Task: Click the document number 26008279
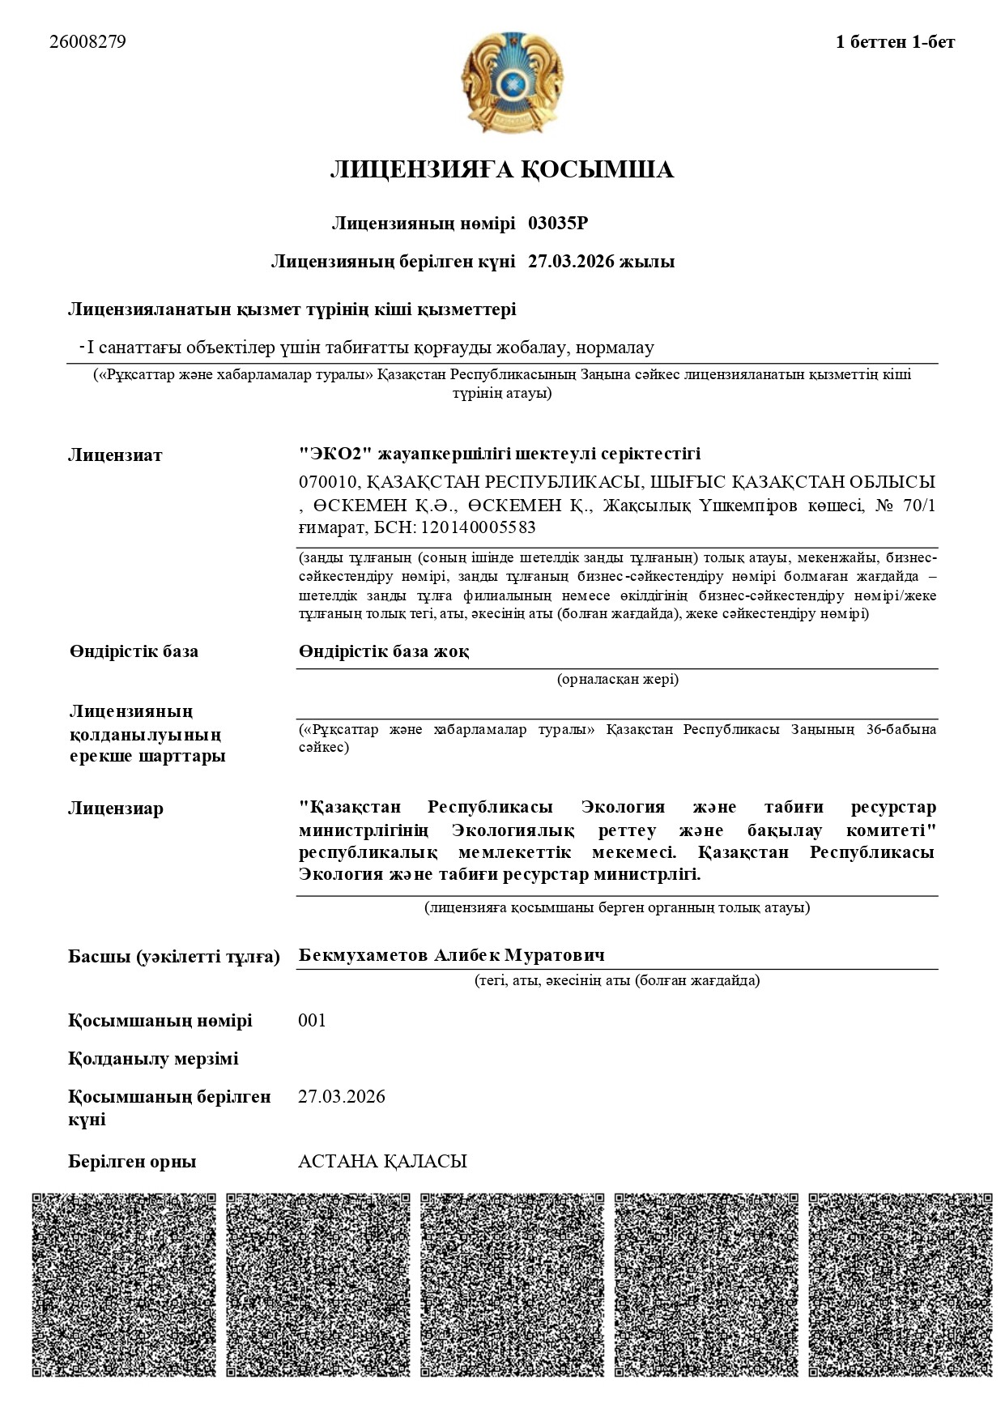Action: [87, 42]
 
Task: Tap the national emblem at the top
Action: [511, 83]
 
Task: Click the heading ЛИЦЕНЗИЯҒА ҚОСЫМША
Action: [501, 170]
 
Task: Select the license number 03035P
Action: [563, 224]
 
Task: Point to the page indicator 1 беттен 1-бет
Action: [895, 42]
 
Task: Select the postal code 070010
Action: [327, 483]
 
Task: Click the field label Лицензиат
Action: [115, 455]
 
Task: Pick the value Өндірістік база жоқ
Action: [384, 651]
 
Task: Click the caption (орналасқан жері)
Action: [617, 679]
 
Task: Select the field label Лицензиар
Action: [116, 809]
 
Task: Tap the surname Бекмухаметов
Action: [363, 956]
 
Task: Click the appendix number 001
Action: [312, 1020]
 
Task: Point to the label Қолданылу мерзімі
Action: [153, 1059]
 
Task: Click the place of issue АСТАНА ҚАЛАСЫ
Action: [382, 1162]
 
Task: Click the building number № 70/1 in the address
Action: [906, 506]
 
